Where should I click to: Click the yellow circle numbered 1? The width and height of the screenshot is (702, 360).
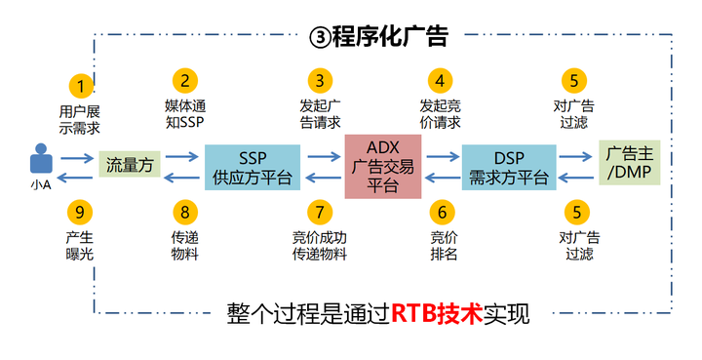coord(82,85)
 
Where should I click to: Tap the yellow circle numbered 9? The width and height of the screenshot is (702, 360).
coord(82,211)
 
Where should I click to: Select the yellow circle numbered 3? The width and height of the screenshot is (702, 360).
coord(318,80)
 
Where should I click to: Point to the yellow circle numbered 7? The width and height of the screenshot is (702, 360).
coord(318,211)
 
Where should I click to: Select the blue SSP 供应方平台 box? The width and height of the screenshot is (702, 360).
coord(252,167)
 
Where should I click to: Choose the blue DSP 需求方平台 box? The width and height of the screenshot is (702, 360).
coord(508,167)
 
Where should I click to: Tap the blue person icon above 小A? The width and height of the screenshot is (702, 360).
coord(39,158)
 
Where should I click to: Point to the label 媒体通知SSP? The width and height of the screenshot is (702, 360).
coord(184,114)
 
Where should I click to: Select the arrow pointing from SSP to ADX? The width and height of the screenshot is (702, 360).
coord(322,154)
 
